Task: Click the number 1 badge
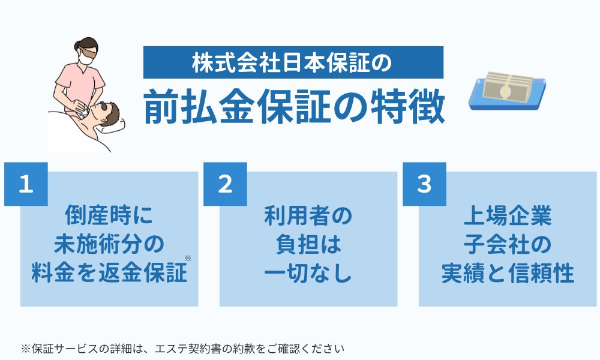click(25, 184)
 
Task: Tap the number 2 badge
click(225, 184)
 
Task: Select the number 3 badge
click(424, 184)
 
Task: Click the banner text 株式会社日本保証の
click(293, 62)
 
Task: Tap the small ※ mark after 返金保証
click(188, 259)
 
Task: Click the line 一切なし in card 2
click(308, 274)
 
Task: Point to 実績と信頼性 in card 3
click(508, 274)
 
